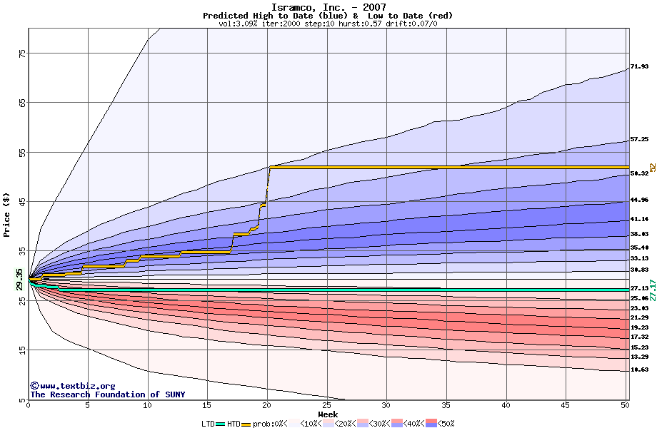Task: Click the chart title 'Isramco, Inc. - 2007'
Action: click(328, 7)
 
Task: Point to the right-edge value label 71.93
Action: click(638, 67)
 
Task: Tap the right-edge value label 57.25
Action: click(638, 140)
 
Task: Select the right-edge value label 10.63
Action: click(638, 370)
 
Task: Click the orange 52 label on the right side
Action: click(652, 167)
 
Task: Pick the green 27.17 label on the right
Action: click(652, 290)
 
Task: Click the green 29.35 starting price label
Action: click(20, 279)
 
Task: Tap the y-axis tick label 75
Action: click(21, 53)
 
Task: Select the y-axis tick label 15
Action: click(21, 350)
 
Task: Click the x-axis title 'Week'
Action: click(328, 414)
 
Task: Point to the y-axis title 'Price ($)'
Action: click(7, 214)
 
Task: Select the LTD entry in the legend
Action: click(209, 424)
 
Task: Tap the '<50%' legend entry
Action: click(441, 424)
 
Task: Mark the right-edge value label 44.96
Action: click(638, 200)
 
